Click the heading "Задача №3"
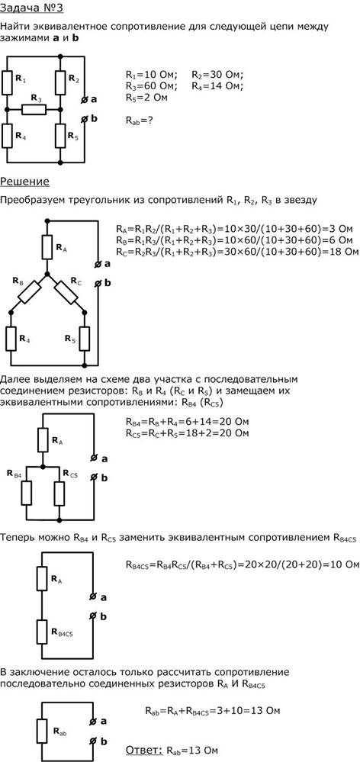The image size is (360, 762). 31,8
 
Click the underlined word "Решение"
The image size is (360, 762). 24,182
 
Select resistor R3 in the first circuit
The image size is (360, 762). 34,110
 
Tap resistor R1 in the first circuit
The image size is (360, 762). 8,82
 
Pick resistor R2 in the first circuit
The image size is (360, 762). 60,82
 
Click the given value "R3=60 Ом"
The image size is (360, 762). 150,86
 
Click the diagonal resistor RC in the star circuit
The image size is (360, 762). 66,291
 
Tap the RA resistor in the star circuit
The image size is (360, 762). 47,247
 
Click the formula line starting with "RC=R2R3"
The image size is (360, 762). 237,252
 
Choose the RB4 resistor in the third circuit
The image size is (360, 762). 26,494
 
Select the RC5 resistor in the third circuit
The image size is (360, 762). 59,494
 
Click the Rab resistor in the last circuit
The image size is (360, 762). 42,731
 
